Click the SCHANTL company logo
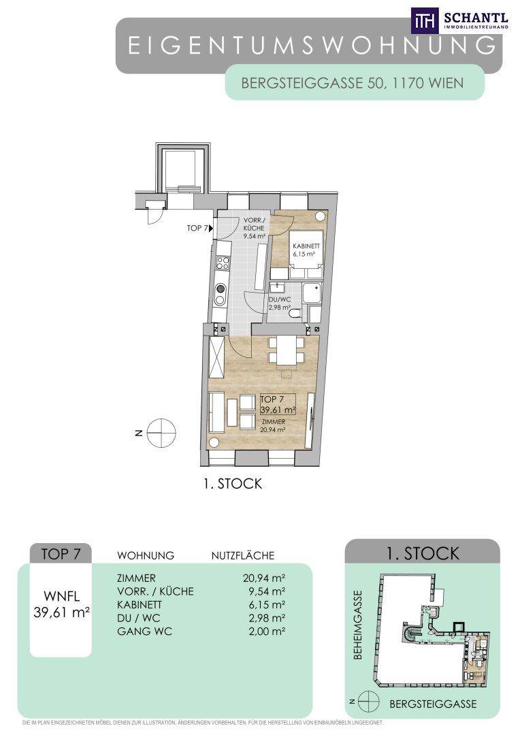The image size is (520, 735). [x=459, y=20]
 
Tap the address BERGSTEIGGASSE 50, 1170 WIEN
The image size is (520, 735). [x=352, y=83]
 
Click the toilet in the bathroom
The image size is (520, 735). [x=295, y=312]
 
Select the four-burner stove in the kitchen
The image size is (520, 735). [x=221, y=263]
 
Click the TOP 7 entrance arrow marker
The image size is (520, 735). [x=212, y=228]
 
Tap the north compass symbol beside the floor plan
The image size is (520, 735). [x=161, y=433]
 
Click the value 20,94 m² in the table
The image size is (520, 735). [x=265, y=578]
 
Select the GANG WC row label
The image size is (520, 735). [x=144, y=632]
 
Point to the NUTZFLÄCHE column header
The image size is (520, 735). [x=243, y=555]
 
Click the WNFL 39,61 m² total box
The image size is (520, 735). [x=61, y=604]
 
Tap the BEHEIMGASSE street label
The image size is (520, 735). [x=358, y=624]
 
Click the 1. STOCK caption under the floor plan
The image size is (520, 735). [x=233, y=484]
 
